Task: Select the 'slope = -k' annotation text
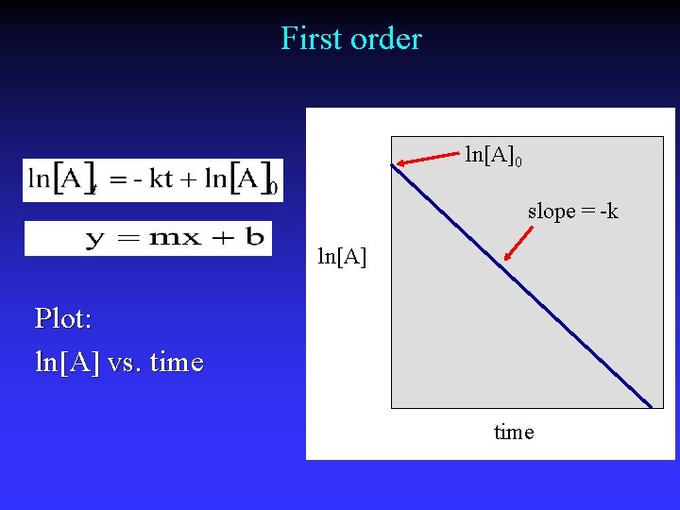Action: [x=572, y=212]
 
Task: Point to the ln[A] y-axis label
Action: [x=342, y=256]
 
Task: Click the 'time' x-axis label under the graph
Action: [x=514, y=433]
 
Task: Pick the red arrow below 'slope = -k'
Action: [x=518, y=240]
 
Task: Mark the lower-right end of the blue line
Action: [x=651, y=406]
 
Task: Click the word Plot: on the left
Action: [x=63, y=319]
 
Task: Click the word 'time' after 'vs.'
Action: [x=177, y=363]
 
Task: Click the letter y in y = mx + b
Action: [x=95, y=240]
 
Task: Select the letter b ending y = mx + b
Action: [x=253, y=236]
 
